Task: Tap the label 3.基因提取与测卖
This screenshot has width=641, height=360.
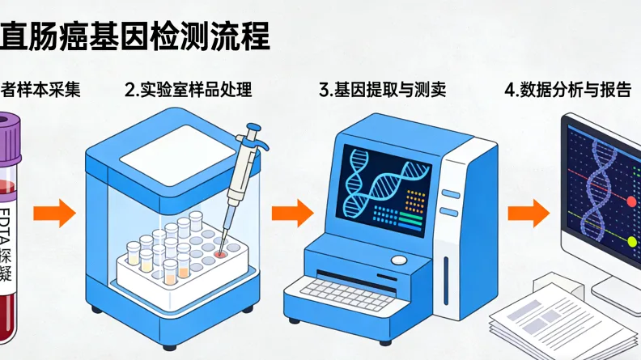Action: point(383,90)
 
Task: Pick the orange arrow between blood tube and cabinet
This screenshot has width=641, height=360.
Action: point(54,214)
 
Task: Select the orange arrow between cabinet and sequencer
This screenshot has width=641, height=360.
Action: point(291,214)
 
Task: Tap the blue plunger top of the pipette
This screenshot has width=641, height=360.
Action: point(253,129)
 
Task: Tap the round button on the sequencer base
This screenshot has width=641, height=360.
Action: point(398,260)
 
